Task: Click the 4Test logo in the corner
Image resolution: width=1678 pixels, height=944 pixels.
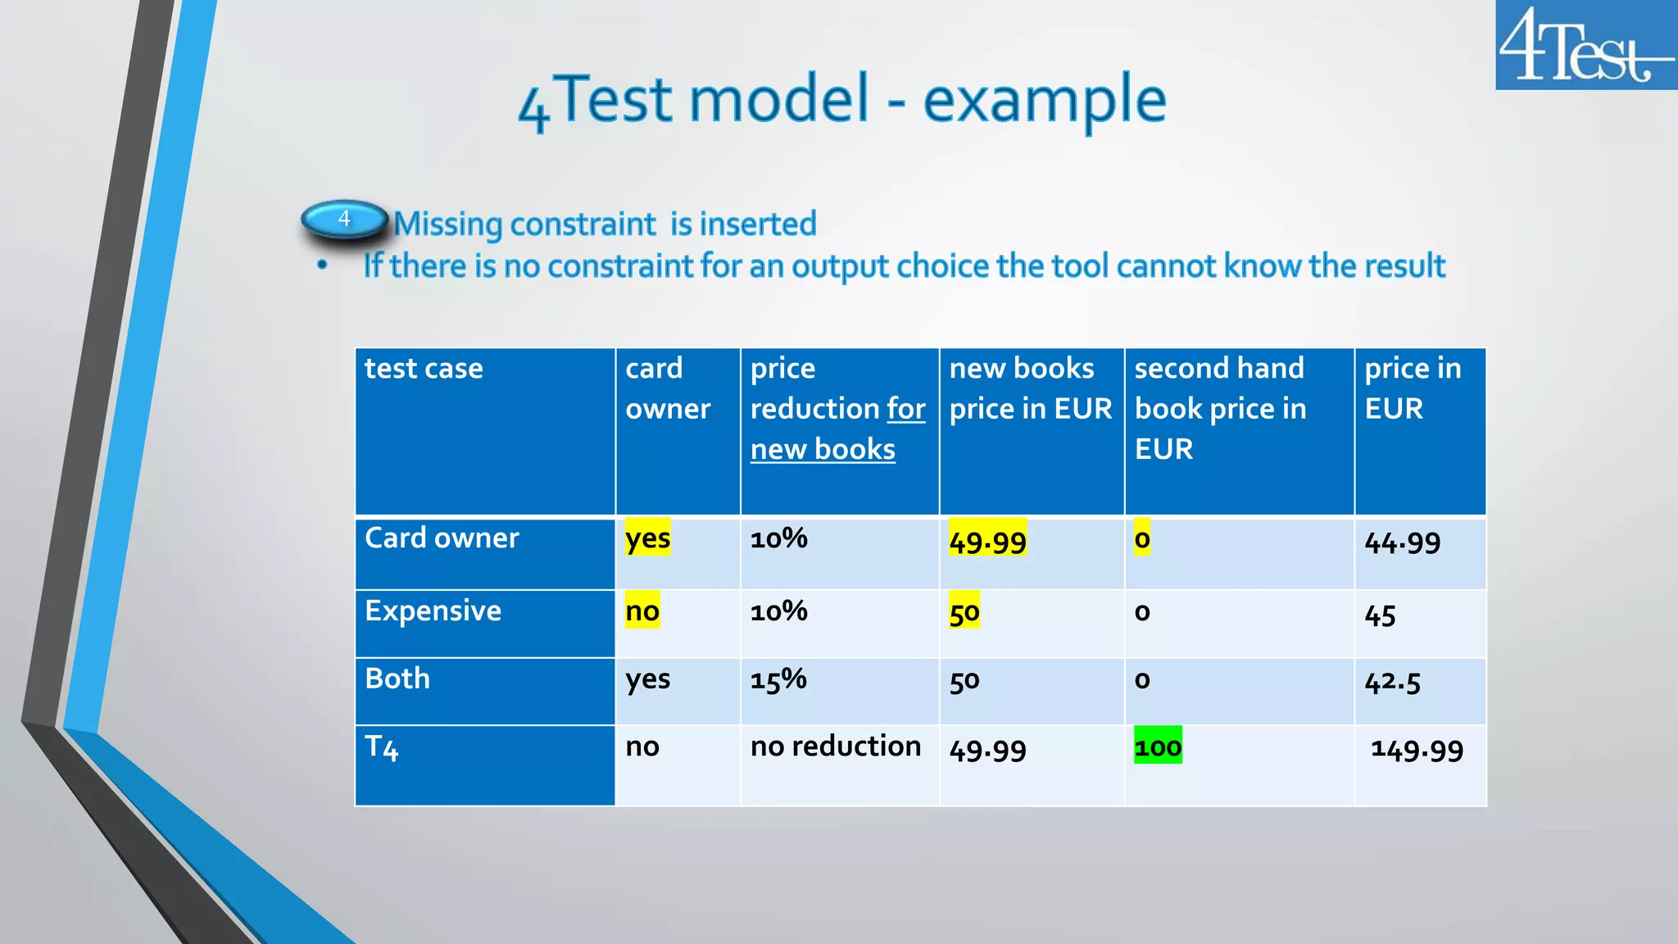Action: [x=1585, y=45]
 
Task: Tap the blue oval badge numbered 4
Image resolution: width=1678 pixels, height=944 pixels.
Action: [x=344, y=220]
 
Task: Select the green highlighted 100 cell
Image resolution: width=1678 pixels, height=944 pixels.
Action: [x=1158, y=747]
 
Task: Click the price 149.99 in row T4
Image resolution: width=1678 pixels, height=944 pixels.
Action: [x=1417, y=749]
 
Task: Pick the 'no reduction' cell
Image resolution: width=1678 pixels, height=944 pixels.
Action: [x=835, y=747]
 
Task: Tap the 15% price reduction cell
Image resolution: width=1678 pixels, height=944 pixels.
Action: [x=778, y=679]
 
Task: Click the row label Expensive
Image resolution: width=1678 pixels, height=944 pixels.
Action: [x=433, y=611]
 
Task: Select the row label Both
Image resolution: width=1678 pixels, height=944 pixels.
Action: [x=397, y=679]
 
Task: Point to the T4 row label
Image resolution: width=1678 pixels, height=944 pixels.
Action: [x=382, y=747]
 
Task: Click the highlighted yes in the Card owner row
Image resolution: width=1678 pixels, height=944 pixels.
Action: [x=647, y=538]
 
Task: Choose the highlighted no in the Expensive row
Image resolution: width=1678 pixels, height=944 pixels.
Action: [x=642, y=611]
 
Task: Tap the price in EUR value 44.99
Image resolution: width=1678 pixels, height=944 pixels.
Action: [x=1402, y=542]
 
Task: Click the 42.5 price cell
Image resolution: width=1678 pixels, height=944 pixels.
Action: [x=1392, y=682]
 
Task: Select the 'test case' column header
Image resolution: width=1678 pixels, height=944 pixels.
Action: [x=424, y=369]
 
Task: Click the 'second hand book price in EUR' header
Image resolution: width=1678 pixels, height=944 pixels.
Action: [x=1219, y=408]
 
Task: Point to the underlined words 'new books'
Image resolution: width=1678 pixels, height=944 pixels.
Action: [x=823, y=449]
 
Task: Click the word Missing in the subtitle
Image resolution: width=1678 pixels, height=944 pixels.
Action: [x=447, y=225]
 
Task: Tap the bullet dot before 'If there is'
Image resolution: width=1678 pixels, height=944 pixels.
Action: [x=323, y=265]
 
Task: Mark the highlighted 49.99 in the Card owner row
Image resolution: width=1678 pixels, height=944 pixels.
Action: [x=987, y=541]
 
